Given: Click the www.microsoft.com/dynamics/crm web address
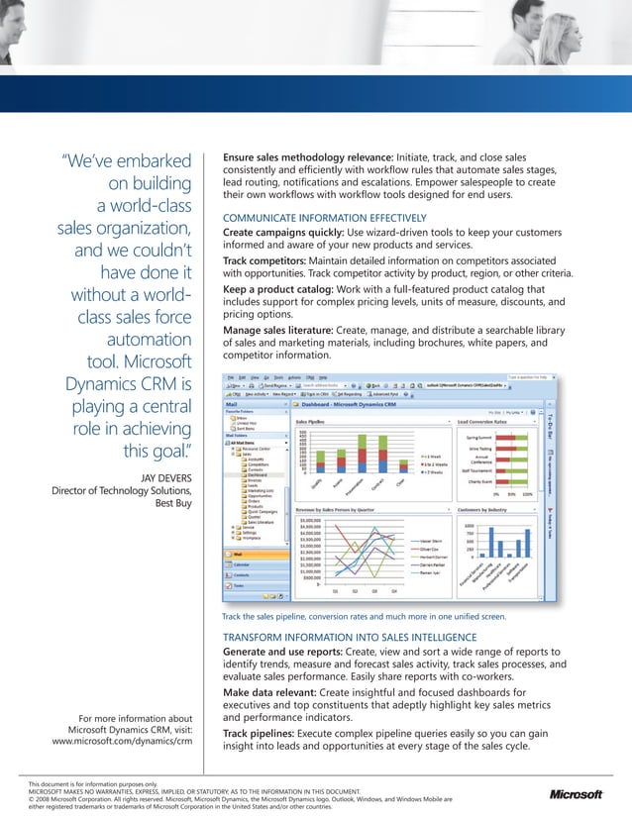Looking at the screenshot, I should (x=121, y=740).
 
